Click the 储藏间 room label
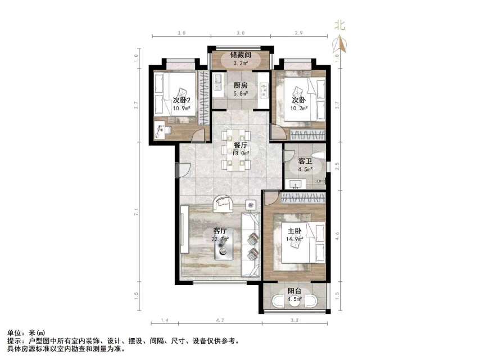click(x=240, y=56)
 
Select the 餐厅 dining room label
click(x=240, y=145)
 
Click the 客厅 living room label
click(x=219, y=231)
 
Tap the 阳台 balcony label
click(x=295, y=291)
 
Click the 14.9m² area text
click(x=295, y=238)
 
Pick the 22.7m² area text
click(x=220, y=239)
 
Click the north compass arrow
click(x=339, y=43)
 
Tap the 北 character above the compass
click(x=339, y=25)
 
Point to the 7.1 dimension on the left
click(x=137, y=213)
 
